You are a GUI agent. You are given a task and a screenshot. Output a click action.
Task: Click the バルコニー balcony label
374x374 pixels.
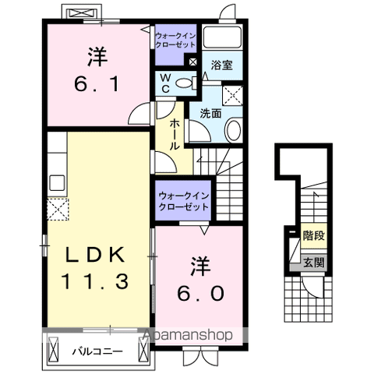click(x=97, y=351)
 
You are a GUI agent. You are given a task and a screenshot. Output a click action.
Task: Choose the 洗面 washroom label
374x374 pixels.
click(x=211, y=113)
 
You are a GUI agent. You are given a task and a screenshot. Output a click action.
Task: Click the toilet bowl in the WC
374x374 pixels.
click(x=183, y=83)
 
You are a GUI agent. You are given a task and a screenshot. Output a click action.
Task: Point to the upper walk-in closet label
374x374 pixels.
click(x=176, y=40)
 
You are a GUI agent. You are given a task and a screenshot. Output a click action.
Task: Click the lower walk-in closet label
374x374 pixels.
click(x=182, y=202)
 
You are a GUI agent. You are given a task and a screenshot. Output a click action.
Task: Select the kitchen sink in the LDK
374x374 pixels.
click(x=57, y=184)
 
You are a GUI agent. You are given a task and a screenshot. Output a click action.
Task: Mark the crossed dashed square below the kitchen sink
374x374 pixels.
click(x=56, y=210)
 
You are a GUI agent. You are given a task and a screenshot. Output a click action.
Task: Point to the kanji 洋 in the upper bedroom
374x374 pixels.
click(x=96, y=57)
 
